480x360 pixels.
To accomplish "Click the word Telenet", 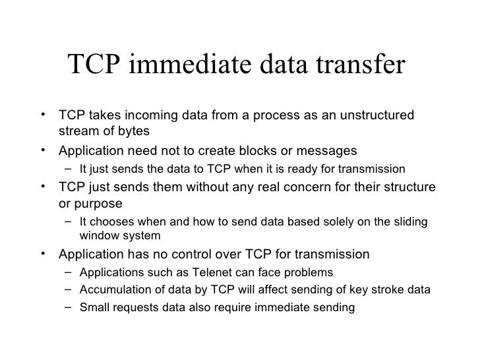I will (x=203, y=272).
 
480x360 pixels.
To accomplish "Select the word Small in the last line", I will (x=92, y=307).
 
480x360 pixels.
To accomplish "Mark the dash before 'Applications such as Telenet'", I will (x=69, y=272).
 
